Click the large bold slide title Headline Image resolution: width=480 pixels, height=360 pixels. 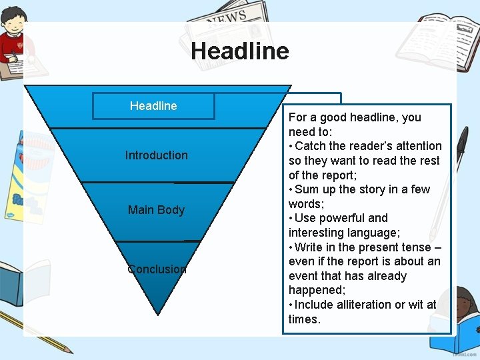(x=239, y=51)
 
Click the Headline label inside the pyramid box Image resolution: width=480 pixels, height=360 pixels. (x=153, y=106)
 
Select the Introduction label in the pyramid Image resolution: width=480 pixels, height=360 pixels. (x=157, y=155)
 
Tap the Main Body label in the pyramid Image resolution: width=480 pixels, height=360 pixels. (x=156, y=210)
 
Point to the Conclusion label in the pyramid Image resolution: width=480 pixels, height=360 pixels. (x=157, y=269)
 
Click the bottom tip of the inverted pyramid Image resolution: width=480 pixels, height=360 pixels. (x=157, y=311)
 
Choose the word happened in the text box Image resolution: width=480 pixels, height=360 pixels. (x=317, y=291)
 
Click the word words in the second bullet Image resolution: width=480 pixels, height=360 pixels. (x=305, y=204)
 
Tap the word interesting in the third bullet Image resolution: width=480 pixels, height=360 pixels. (x=317, y=233)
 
